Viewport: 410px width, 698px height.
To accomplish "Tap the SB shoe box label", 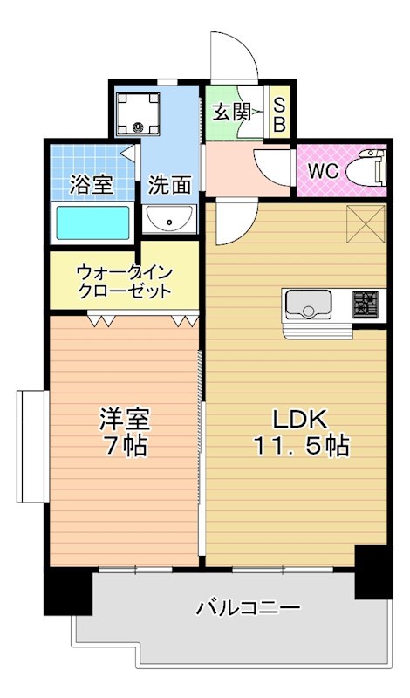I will (x=279, y=113).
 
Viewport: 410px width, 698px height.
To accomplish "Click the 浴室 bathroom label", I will (x=91, y=185).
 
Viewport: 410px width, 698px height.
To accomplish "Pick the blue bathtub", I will (x=92, y=222).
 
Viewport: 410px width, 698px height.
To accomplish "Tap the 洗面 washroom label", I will (x=169, y=185).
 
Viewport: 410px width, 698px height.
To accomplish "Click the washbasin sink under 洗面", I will (x=169, y=219).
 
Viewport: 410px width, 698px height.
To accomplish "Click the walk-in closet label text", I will (x=123, y=280).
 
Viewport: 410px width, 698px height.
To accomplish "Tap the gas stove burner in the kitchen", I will (x=365, y=305).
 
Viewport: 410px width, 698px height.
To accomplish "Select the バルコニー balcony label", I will (x=248, y=607).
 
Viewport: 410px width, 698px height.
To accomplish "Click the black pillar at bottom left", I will (x=68, y=592).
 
